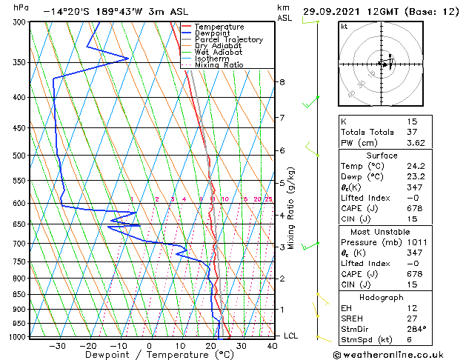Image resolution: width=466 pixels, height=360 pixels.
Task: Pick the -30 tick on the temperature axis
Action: point(57,345)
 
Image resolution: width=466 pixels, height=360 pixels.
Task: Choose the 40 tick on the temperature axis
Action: point(273,345)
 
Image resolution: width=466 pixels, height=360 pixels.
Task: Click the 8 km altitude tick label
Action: point(282,81)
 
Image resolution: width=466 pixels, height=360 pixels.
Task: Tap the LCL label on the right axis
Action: point(291,336)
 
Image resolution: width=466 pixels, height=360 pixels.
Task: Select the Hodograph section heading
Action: point(382,297)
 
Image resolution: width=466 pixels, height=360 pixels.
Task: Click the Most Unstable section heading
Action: point(382,231)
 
